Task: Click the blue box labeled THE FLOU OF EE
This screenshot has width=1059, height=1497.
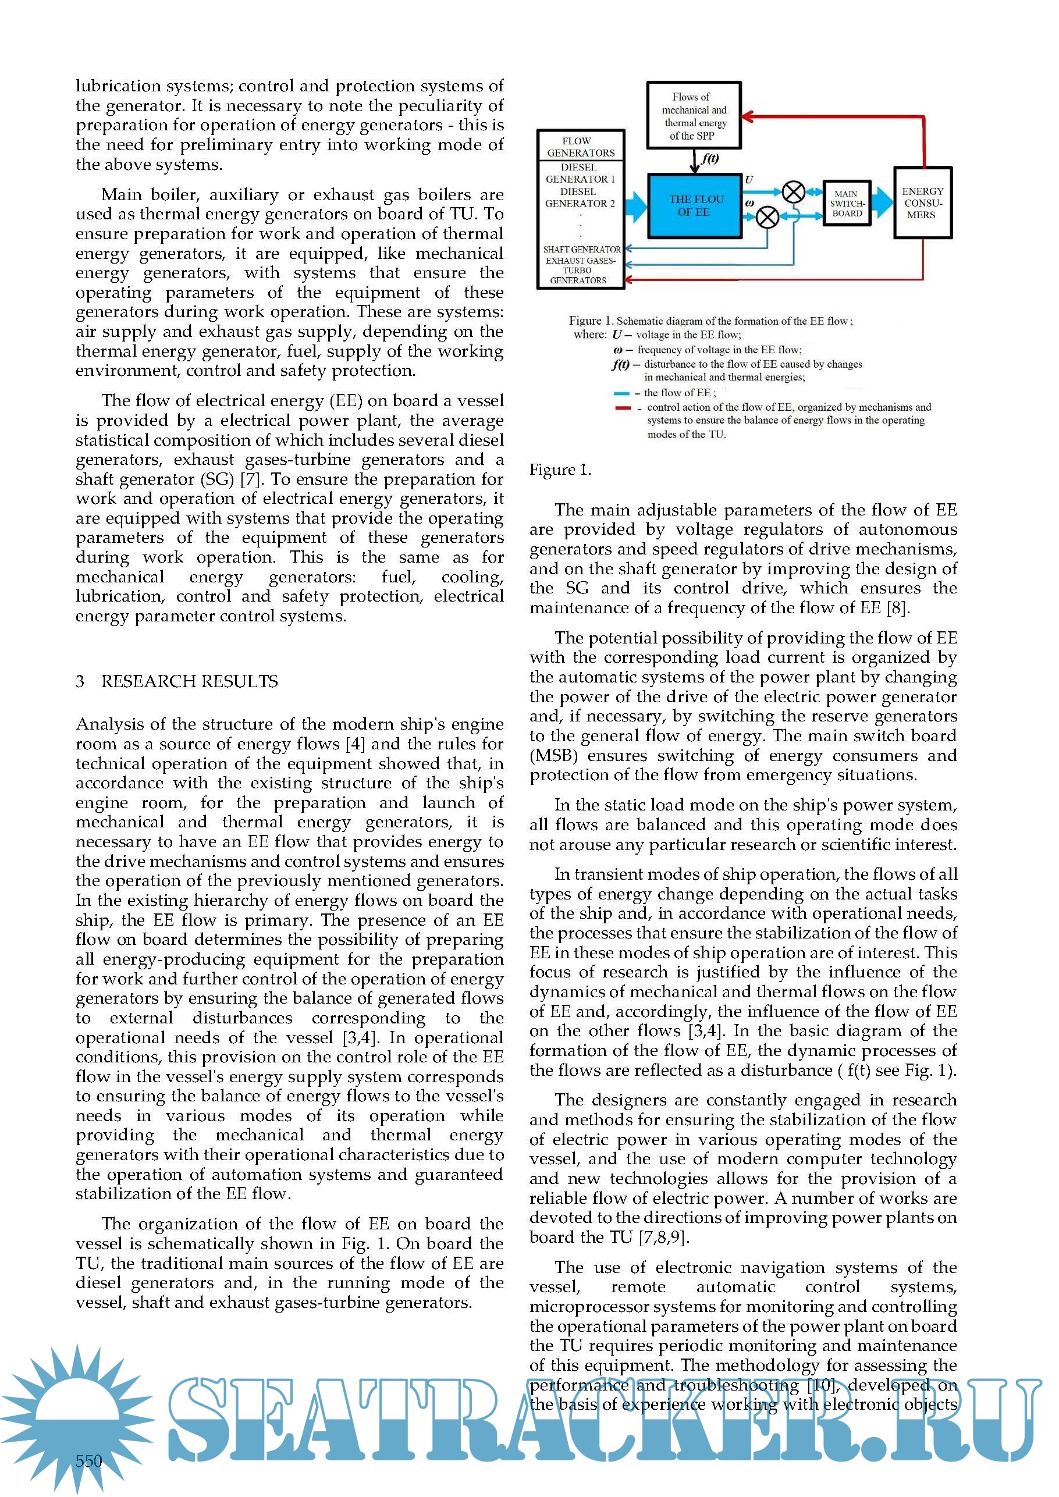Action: (x=695, y=206)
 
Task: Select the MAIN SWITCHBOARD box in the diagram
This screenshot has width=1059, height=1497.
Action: (x=847, y=204)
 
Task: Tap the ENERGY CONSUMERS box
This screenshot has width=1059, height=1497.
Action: (x=922, y=203)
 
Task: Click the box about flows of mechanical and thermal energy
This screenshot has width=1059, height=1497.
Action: (x=694, y=115)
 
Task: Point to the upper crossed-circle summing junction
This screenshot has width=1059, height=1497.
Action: (x=793, y=193)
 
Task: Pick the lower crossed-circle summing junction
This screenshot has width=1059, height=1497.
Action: (x=767, y=217)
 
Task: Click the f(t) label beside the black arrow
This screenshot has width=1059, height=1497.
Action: (x=709, y=158)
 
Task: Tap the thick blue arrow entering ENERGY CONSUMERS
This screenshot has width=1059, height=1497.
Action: (x=882, y=203)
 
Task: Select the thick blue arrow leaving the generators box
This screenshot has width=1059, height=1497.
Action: (x=636, y=206)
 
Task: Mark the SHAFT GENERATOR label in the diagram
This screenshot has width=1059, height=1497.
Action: (x=582, y=249)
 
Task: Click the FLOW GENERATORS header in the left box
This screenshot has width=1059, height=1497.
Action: (x=580, y=147)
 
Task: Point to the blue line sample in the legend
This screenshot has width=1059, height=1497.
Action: (x=621, y=393)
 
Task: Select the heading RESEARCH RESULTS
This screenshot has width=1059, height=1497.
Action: (x=189, y=681)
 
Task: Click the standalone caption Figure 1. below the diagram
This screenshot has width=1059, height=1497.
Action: (x=560, y=470)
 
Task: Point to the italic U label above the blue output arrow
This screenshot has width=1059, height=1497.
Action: (x=749, y=179)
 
